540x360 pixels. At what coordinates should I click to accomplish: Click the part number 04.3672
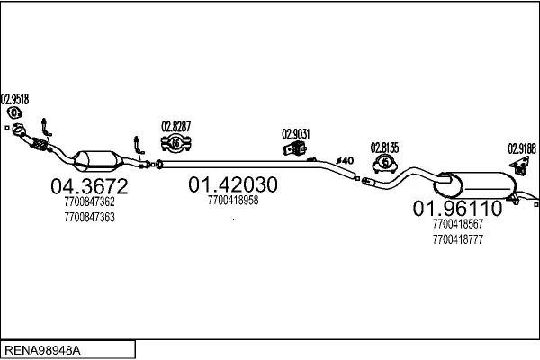pos(89,186)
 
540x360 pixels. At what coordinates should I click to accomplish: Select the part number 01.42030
pos(233,184)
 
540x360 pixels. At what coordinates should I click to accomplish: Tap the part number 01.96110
pos(458,209)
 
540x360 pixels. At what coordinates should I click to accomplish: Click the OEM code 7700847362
pos(89,202)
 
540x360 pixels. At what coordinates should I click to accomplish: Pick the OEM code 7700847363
pos(89,218)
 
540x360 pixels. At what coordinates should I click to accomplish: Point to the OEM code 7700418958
pos(233,200)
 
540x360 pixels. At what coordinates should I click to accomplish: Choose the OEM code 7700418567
pos(458,224)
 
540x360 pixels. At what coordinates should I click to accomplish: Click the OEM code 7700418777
pos(458,239)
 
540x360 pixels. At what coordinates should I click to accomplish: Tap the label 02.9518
pos(14,99)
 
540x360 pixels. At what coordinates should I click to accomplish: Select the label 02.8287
pos(176,126)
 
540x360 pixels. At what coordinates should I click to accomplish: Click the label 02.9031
pos(296,134)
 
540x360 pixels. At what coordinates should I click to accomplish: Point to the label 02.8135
pos(384,148)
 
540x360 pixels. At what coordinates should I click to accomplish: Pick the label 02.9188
pos(522,148)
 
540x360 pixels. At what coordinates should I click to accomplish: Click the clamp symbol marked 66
pos(176,143)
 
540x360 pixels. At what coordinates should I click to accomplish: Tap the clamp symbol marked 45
pos(385,163)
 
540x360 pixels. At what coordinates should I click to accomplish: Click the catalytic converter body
pos(98,161)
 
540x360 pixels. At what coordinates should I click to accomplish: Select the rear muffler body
pos(475,185)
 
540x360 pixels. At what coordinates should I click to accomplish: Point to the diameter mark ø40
pos(345,160)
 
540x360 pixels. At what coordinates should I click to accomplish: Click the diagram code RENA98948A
pos(42,350)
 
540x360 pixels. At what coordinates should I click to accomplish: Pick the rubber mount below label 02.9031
pos(295,148)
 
